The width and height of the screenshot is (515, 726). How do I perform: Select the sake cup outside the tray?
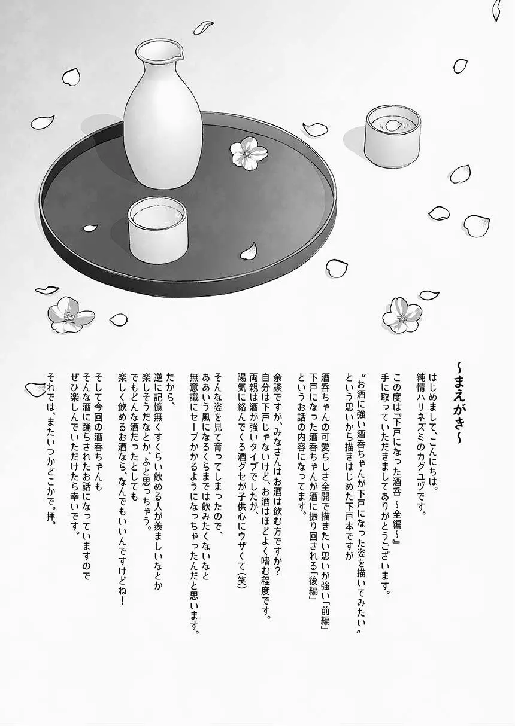393,136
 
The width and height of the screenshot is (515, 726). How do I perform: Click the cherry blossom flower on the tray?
249,152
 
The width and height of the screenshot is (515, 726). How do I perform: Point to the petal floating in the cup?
393,125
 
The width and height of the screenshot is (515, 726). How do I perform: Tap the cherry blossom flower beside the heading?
402,315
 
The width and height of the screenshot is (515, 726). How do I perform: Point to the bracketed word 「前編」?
325,605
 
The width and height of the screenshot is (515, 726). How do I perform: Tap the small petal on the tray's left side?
90,228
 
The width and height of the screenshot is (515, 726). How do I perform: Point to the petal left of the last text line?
35,389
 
